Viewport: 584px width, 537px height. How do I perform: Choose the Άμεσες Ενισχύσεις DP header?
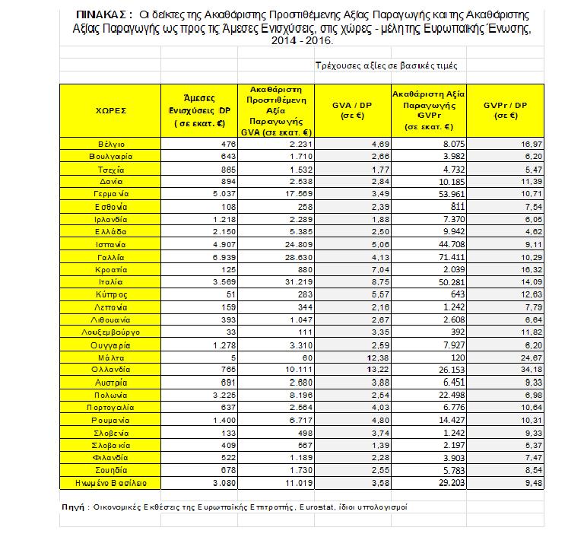[x=204, y=110]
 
